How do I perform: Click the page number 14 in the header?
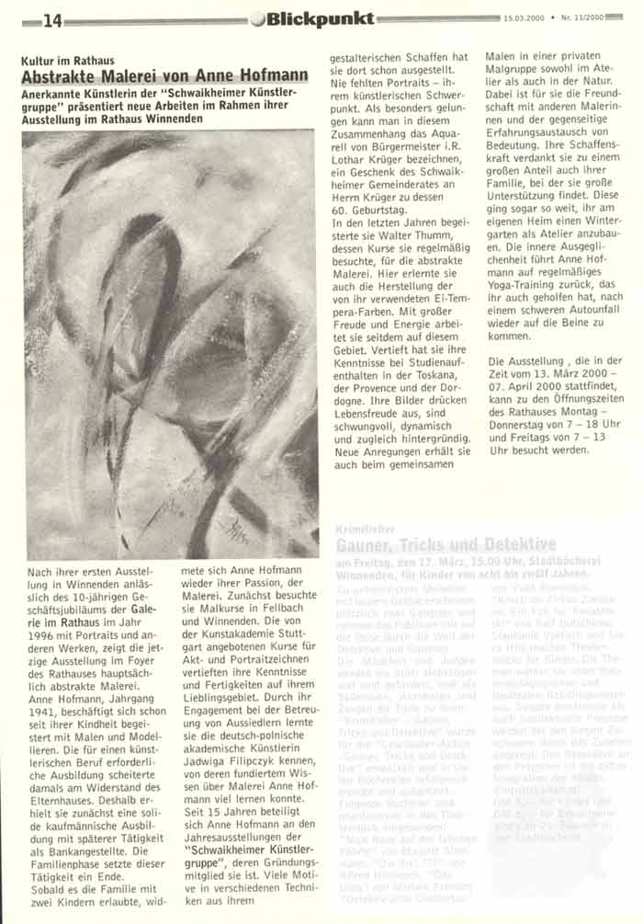coord(51,20)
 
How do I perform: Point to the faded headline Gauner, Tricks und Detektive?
coord(440,544)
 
